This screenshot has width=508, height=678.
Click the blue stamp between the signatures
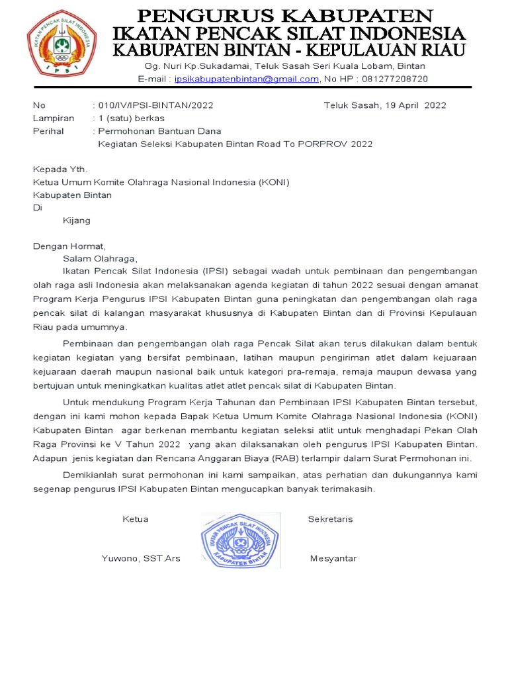240,540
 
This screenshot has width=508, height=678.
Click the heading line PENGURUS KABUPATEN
284,15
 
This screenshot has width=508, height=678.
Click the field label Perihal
48,131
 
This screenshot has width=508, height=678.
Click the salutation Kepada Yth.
60,169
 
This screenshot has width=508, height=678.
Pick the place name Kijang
77,220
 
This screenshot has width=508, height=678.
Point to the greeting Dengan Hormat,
69,246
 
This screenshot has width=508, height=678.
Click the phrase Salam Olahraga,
100,259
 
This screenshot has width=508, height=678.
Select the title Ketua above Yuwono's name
136,519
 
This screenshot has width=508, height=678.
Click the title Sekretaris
330,519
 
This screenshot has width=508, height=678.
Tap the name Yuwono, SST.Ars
141,558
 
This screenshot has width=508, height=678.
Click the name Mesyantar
333,558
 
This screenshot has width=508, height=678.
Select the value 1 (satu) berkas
131,118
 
